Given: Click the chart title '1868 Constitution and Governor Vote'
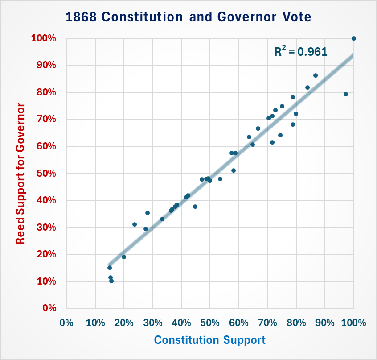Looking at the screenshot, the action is (x=188, y=17).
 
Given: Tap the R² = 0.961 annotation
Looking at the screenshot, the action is (x=301, y=51).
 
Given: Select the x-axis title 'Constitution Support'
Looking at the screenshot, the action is (x=209, y=340).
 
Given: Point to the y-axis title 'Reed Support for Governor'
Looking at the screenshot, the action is (x=20, y=174).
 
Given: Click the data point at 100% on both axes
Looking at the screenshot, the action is (x=354, y=38).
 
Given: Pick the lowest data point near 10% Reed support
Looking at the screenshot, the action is (x=111, y=281).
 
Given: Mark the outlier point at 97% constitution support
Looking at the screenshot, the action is (x=346, y=94).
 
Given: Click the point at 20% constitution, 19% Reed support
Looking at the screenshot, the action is (x=124, y=257).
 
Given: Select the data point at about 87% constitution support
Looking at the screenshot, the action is (x=316, y=75).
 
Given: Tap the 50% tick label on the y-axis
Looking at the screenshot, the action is (x=46, y=173).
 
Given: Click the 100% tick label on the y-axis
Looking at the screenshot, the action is (x=44, y=38).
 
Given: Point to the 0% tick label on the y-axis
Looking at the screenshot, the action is (x=49, y=308).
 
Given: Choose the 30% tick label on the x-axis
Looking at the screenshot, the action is (x=153, y=323).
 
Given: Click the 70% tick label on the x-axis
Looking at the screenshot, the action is (x=267, y=323).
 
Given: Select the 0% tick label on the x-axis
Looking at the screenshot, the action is (x=66, y=323).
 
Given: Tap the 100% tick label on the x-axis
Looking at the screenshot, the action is (x=354, y=323).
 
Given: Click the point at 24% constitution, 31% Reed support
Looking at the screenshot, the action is (x=135, y=224).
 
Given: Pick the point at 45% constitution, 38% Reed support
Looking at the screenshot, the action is (x=195, y=207).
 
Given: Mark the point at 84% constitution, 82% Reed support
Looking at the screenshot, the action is (x=307, y=87).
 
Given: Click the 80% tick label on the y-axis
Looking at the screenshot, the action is (x=46, y=92).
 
